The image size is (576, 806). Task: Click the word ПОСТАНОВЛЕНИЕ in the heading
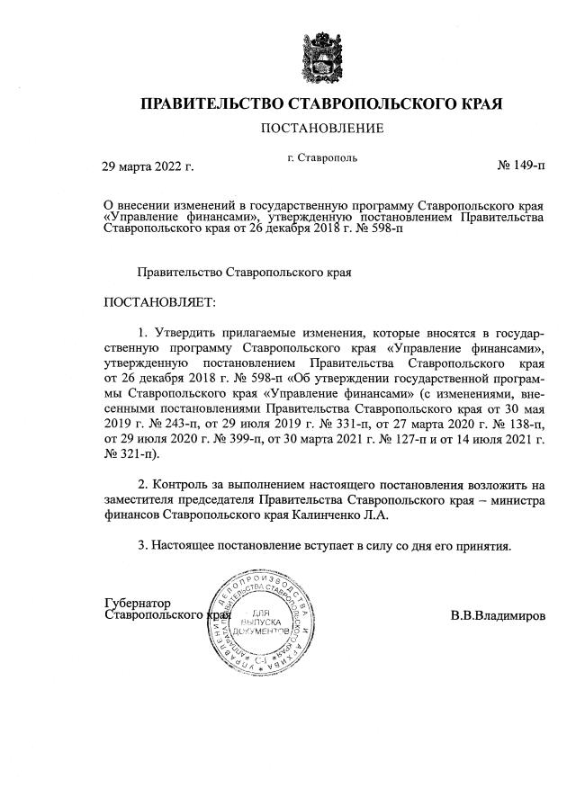[x=322, y=129]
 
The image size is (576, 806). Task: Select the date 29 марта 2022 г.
[x=148, y=166]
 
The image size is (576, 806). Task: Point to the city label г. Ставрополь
[x=322, y=157]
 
